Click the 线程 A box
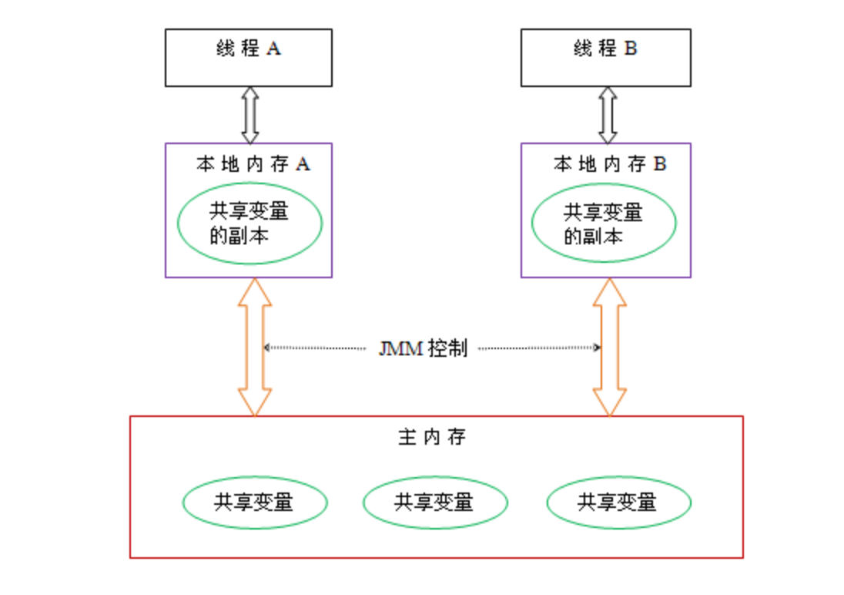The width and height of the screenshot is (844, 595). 249,58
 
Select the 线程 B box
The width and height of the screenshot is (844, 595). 605,58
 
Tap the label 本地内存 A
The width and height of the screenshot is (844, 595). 253,164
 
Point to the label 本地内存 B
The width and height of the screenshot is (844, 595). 609,164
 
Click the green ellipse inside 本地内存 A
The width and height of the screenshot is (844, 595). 250,224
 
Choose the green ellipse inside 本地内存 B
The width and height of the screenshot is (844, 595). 604,224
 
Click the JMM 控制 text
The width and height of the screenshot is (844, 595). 423,348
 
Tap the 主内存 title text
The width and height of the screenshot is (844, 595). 432,438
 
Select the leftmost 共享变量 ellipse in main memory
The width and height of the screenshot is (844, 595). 254,503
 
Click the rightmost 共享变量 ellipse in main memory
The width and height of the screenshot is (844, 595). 618,503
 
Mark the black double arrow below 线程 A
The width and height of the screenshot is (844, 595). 250,115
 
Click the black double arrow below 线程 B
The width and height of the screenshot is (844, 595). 608,115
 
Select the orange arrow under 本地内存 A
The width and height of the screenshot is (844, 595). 254,347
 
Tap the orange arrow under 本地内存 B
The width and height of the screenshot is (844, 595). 610,347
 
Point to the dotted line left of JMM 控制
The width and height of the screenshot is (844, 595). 316,348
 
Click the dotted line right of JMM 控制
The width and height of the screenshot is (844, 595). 539,348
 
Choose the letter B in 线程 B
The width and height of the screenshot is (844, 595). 631,49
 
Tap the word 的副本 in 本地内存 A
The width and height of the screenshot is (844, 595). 239,236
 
